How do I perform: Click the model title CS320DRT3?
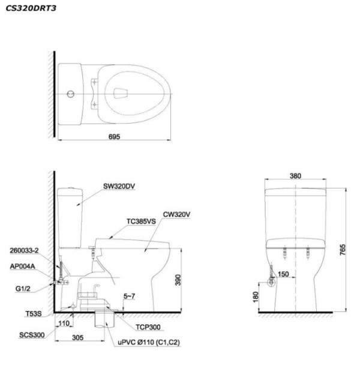(x=31, y=8)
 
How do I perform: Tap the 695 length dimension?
(x=114, y=137)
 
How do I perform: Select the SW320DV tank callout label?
(x=119, y=186)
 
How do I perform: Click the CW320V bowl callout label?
(x=176, y=214)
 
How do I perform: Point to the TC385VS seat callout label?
(x=141, y=222)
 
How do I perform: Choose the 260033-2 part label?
(x=24, y=250)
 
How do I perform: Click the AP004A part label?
(x=23, y=267)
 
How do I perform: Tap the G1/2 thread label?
(x=23, y=289)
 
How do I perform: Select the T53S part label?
(x=34, y=314)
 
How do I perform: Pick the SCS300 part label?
(x=32, y=335)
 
